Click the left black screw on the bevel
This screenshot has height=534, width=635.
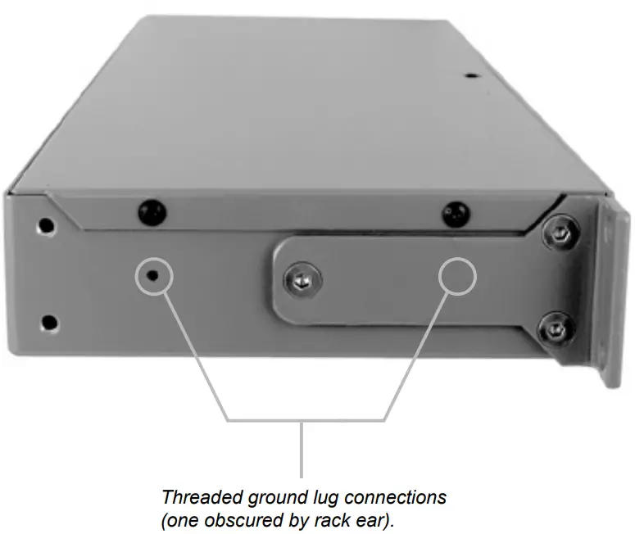click(x=149, y=211)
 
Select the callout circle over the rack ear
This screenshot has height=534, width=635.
click(x=456, y=278)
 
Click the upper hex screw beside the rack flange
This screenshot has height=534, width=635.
click(x=559, y=233)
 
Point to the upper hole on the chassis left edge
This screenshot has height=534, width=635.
click(x=47, y=224)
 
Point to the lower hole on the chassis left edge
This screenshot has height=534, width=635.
click(x=49, y=322)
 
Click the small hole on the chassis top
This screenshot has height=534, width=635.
click(x=470, y=76)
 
